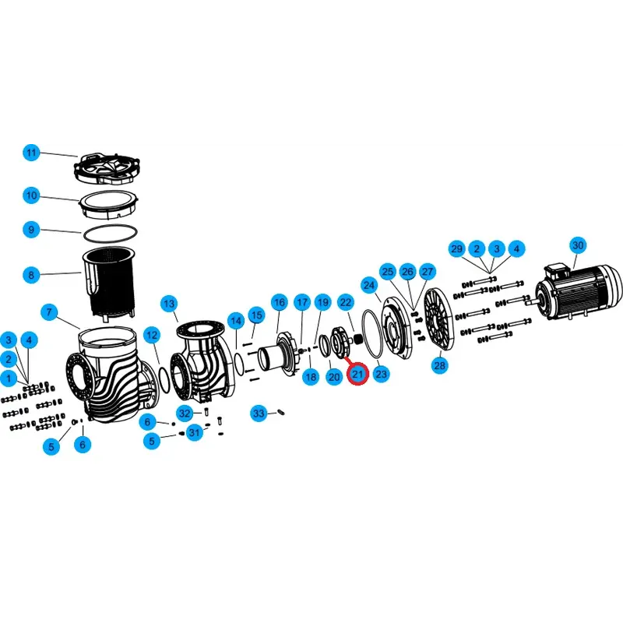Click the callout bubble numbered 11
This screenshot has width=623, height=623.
coord(30,153)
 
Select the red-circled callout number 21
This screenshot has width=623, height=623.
coord(357,375)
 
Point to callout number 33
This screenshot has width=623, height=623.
coord(259,413)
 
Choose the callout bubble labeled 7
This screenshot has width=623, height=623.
coord(49,313)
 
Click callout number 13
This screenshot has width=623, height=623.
coord(169,303)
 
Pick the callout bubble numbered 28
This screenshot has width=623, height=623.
coord(440,365)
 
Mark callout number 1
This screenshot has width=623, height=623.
coord(9,378)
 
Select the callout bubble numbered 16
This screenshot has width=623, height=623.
coord(280,302)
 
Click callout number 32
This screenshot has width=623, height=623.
coord(185,413)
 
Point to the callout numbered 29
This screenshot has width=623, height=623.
coord(456,249)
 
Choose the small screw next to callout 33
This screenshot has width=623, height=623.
coord(281,413)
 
